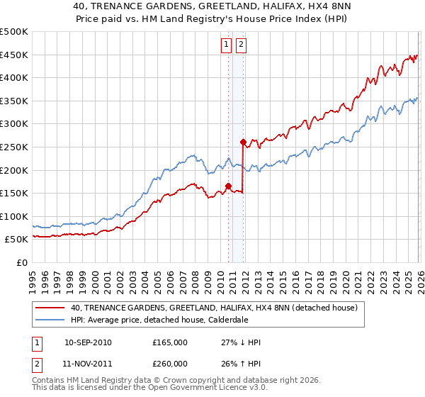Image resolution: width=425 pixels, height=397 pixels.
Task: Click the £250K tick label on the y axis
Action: pyautogui.click(x=14, y=147)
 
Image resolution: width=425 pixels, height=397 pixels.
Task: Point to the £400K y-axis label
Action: pyautogui.click(x=14, y=78)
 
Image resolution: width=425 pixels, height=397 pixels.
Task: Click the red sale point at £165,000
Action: pyautogui.click(x=229, y=186)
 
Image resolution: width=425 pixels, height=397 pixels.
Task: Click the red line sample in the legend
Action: pyautogui.click(x=51, y=308)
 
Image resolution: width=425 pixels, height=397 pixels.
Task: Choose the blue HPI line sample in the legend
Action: pyautogui.click(x=51, y=320)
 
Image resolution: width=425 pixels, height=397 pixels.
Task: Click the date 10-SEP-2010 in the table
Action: pyautogui.click(x=88, y=342)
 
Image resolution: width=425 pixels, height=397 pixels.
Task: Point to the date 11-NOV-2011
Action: pyautogui.click(x=88, y=364)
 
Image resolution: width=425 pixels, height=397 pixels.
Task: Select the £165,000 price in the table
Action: pyautogui.click(x=170, y=342)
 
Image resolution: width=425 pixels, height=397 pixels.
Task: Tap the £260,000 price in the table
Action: pyautogui.click(x=170, y=364)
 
